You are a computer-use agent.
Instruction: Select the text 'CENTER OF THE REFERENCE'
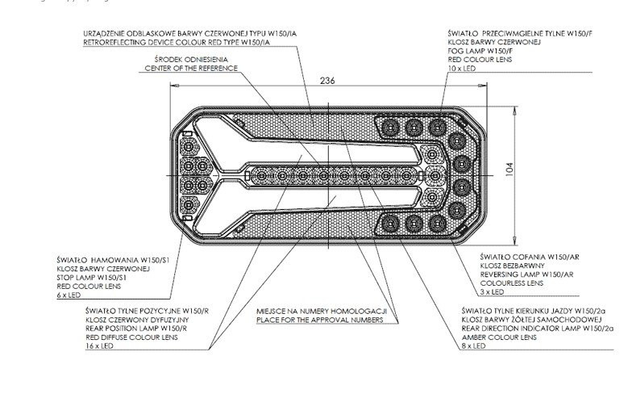(191, 69)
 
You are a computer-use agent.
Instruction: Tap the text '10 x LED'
(461, 69)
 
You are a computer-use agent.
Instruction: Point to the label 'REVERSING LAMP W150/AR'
(518, 274)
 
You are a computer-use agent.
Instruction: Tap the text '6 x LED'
(73, 296)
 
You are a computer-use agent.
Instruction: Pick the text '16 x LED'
(102, 345)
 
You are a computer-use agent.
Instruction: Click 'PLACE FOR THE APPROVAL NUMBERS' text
(318, 320)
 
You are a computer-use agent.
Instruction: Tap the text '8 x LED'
(474, 345)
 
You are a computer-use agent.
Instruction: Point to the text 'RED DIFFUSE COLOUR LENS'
(127, 337)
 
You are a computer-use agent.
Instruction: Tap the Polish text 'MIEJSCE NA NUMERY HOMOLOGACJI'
(322, 311)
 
